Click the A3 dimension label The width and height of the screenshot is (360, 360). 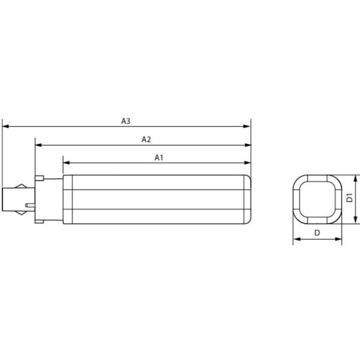(x=125, y=121)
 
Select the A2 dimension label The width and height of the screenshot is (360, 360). (x=146, y=139)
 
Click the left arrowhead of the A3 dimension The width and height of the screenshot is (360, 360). (x=5, y=127)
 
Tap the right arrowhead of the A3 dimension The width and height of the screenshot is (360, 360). (x=247, y=127)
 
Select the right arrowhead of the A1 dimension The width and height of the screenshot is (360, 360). (x=247, y=163)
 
